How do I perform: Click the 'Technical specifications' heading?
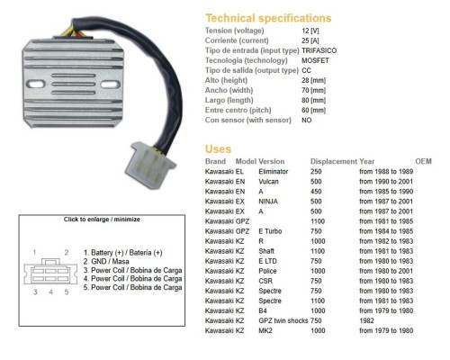point(268,18)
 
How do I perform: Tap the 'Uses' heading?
point(218,149)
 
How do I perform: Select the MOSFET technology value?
point(315,60)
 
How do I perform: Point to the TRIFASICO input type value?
point(319,50)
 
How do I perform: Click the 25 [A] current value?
point(310,40)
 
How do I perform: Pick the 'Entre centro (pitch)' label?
point(238,110)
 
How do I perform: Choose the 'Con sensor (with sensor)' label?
point(248,120)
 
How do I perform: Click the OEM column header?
point(423,161)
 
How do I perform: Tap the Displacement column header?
point(334,161)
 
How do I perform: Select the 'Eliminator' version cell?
point(274,172)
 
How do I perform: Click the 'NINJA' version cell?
point(268,202)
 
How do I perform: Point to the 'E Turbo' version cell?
point(270,231)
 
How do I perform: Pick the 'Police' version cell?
point(267,271)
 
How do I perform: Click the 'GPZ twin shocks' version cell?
point(283,320)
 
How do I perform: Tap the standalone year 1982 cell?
point(366,320)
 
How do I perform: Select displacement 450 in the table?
point(316,192)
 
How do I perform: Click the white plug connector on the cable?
point(150,165)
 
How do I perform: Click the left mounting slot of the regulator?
point(36,84)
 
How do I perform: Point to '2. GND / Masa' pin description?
point(106,261)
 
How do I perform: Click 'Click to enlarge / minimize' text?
point(102,220)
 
